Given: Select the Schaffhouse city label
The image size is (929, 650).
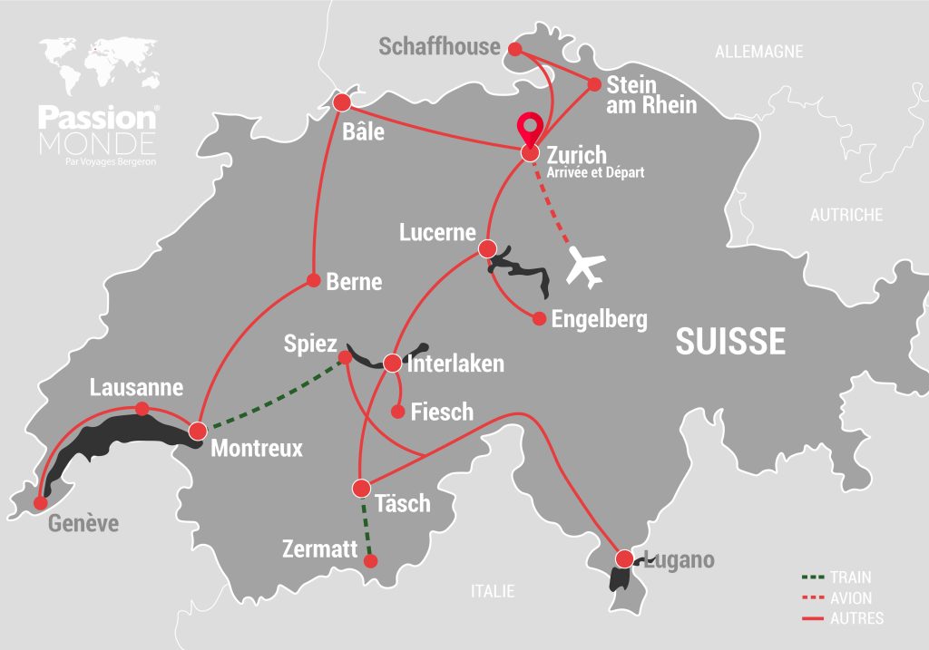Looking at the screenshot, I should click(439, 47).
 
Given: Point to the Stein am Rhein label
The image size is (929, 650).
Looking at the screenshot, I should click(650, 95).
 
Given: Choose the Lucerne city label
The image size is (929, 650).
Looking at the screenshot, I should click(437, 233).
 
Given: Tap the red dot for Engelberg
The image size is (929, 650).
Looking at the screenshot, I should click(539, 318).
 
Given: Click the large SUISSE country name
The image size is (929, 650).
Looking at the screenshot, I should click(730, 342).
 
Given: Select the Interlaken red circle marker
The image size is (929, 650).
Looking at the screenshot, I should click(392, 364).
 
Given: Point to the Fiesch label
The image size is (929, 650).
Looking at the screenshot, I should click(442, 412).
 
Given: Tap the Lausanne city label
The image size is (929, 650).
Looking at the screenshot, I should click(136, 388).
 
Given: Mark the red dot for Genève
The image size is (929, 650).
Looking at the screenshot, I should click(40, 502).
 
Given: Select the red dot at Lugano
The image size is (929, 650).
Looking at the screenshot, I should click(624, 558).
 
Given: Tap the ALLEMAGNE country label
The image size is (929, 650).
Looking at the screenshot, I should click(758, 52).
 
